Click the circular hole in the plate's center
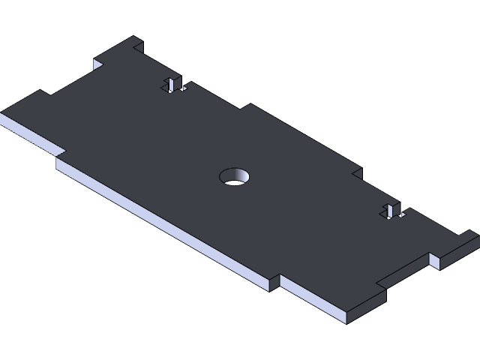[234, 177]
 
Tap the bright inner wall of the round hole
[238, 180]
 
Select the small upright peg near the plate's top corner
[172, 83]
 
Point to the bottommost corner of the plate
[346, 322]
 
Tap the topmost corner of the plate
[136, 37]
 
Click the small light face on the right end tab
[434, 261]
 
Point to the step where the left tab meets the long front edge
[58, 155]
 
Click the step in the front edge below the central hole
[274, 280]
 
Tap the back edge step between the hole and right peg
[355, 172]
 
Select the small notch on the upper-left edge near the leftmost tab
[46, 93]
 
